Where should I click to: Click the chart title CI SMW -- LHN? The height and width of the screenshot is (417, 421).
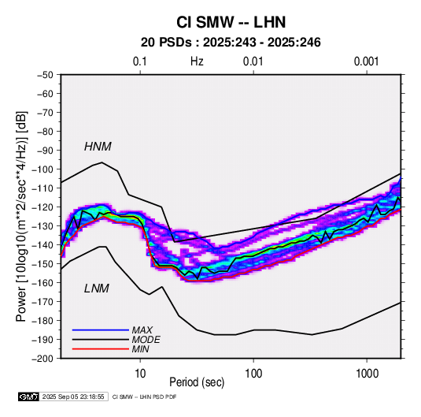[231, 22]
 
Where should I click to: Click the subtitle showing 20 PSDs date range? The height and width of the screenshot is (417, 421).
[231, 43]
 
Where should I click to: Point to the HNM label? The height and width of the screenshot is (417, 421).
[98, 147]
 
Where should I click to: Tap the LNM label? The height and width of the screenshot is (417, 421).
[97, 289]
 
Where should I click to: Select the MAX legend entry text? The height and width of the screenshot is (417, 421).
[142, 330]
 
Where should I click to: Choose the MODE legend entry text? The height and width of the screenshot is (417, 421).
[146, 340]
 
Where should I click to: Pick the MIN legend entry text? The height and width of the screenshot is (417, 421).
[140, 349]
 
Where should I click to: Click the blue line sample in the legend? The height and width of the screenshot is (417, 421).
[101, 330]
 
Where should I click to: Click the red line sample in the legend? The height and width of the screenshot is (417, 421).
[101, 349]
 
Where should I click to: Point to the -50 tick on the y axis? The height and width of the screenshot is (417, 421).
[45, 75]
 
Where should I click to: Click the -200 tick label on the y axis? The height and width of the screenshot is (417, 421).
[42, 359]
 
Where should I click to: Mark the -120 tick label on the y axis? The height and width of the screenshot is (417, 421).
[42, 207]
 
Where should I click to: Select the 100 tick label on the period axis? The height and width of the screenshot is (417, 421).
[253, 374]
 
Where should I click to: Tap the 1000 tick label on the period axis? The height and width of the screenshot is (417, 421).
[367, 374]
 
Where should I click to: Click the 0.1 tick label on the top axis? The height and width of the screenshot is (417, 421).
[140, 61]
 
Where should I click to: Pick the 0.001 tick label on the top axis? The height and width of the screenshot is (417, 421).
[366, 61]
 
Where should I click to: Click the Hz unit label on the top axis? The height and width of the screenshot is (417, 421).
[197, 61]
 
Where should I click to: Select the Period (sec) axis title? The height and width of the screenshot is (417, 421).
[197, 382]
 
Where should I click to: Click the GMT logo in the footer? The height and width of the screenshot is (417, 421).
[29, 397]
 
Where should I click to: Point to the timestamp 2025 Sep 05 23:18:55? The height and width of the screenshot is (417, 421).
[73, 397]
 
